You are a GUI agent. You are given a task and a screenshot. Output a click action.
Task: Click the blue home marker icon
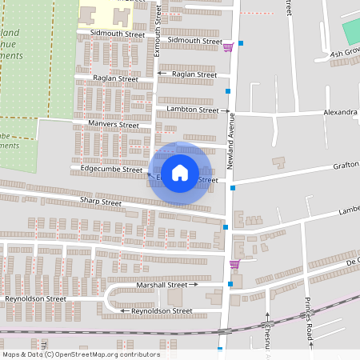[181, 172]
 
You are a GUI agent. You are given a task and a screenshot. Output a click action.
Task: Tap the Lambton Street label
[192, 109]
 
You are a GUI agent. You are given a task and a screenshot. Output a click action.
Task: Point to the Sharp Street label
[100, 203]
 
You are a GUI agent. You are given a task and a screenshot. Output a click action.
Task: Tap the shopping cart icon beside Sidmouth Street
[230, 46]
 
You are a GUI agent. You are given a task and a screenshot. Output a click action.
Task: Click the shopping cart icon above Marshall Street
[234, 264]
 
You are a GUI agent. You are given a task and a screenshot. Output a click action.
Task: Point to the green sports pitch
[352, 32]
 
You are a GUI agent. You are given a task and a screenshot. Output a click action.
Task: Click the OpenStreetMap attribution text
[81, 354]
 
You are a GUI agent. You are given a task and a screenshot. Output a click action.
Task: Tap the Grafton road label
[346, 166]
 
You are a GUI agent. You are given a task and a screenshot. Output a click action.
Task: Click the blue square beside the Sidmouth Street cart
[241, 43]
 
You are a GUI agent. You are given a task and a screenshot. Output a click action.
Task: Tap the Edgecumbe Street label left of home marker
[111, 169]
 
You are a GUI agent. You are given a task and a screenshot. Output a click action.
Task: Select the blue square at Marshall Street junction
[230, 283]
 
